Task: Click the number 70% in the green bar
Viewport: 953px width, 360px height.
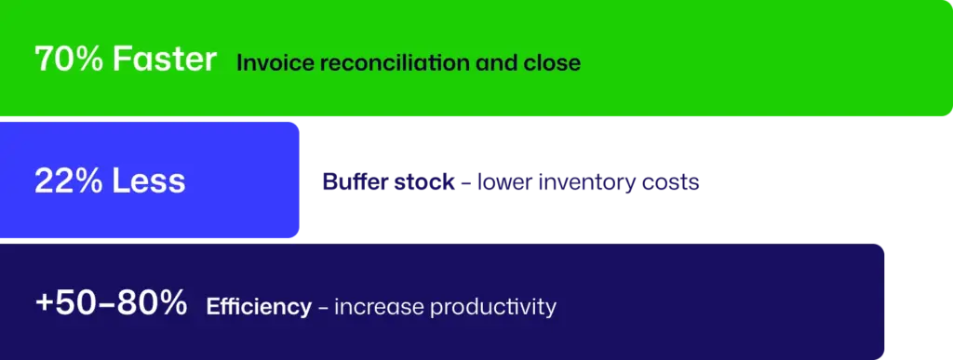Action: click(x=69, y=60)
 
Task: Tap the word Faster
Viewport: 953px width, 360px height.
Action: click(x=165, y=60)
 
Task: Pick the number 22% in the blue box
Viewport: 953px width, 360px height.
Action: click(x=68, y=180)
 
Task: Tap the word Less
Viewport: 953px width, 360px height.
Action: click(x=148, y=180)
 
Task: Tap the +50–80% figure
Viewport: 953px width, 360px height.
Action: click(x=112, y=303)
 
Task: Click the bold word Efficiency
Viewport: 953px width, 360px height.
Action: click(x=259, y=307)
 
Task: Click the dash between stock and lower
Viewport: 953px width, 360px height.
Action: click(x=466, y=182)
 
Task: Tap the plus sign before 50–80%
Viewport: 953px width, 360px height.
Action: click(x=45, y=304)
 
